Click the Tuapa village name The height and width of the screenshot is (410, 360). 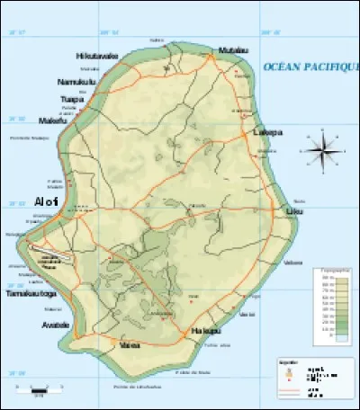pos(72,99)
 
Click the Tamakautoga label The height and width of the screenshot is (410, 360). pos(31,294)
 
